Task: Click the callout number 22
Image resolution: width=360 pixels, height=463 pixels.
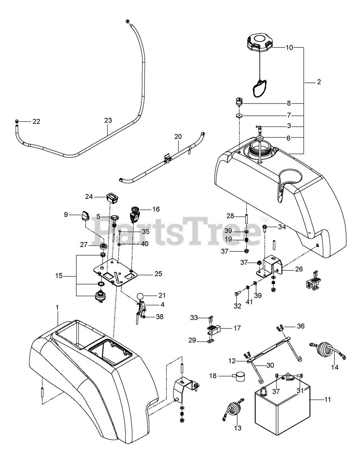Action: (36, 121)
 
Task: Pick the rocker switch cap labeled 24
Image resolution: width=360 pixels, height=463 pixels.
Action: (112, 197)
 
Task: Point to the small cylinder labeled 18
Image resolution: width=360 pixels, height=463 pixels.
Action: (237, 377)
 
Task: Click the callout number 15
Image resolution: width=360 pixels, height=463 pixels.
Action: (59, 276)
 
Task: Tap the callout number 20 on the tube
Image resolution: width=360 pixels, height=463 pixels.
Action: (178, 137)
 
